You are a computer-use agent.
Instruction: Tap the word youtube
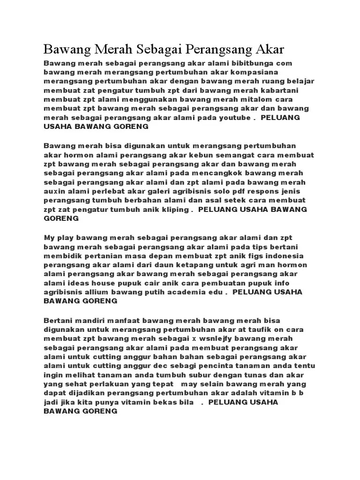[x=235, y=117]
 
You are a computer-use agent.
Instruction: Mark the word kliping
[x=173, y=210]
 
